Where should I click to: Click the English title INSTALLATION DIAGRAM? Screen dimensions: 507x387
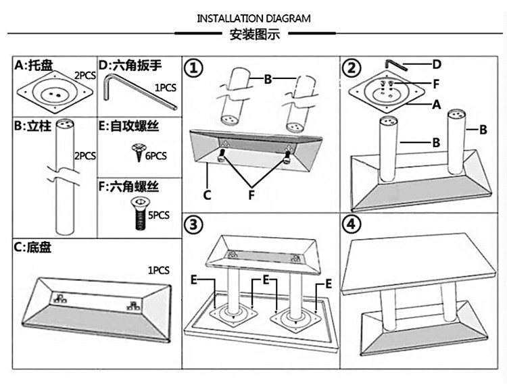[x=254, y=18]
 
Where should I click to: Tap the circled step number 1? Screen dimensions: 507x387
[x=193, y=68]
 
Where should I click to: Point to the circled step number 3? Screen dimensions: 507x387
[x=193, y=224]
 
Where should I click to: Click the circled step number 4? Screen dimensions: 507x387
[x=352, y=224]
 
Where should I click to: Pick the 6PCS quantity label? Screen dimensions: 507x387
[x=156, y=156]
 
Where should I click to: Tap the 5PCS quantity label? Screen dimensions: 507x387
[x=158, y=215]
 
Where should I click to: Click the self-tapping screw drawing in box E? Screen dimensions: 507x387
[x=139, y=152]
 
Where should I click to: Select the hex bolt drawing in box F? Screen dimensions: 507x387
[x=139, y=214]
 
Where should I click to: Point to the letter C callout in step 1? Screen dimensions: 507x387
[x=208, y=195]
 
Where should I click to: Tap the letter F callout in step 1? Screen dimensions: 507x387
[x=251, y=195]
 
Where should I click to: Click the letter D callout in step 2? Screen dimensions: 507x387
[x=437, y=64]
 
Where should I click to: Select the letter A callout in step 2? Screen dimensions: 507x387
[x=437, y=105]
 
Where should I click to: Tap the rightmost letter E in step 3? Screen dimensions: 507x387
[x=328, y=284]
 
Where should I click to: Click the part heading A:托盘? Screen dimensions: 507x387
[x=33, y=66]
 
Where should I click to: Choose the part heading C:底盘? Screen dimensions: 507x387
[x=32, y=247]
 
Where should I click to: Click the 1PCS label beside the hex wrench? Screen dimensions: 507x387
[x=166, y=88]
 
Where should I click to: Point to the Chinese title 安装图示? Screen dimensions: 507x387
[x=254, y=34]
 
